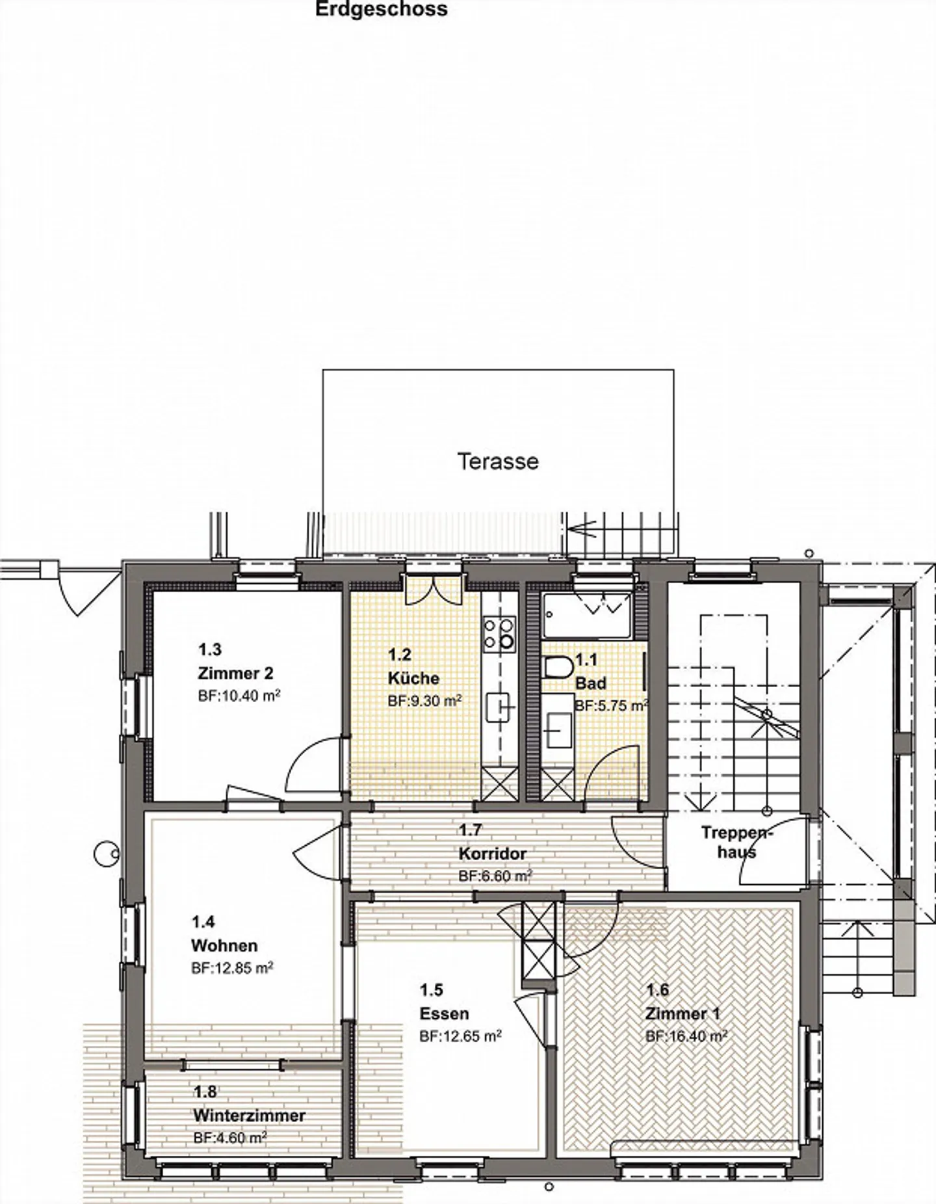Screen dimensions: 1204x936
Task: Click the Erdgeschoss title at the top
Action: [x=381, y=10]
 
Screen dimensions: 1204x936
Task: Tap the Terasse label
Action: [x=498, y=462]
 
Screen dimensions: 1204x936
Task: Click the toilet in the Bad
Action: [x=558, y=667]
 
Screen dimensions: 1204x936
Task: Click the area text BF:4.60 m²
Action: [x=230, y=1138]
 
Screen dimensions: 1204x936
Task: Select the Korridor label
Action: [x=492, y=853]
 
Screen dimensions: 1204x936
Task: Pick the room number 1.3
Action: [x=209, y=649]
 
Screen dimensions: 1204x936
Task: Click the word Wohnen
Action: [x=224, y=945]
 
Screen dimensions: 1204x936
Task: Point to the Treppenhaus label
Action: [x=736, y=842]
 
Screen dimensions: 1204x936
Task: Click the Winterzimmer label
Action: [x=249, y=1116]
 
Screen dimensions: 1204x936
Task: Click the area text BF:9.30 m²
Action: [x=424, y=701]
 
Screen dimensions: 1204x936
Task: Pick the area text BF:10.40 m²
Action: [x=239, y=696]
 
